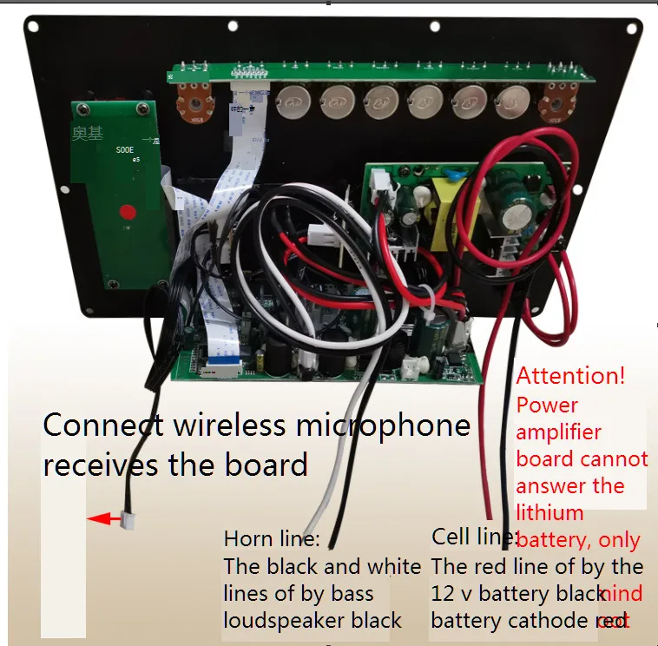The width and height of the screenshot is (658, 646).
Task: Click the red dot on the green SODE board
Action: coord(128,211)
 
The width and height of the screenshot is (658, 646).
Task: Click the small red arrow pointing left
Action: coord(104,519)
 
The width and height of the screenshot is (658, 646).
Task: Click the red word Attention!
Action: coord(570,377)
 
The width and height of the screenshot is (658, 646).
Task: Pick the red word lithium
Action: coord(549,513)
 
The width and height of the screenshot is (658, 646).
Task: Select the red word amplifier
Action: coord(558,432)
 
